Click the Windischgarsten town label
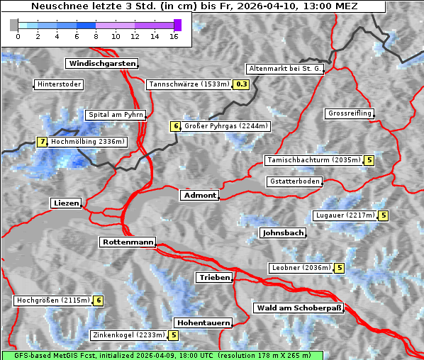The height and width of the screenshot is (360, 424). point(101,64)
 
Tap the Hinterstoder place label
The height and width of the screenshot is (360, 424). point(60,84)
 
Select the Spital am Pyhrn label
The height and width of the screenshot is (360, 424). point(116,115)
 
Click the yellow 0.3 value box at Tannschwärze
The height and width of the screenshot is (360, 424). point(242,84)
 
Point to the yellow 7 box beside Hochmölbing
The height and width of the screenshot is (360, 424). point(43,142)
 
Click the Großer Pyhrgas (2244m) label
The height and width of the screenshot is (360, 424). point(225,126)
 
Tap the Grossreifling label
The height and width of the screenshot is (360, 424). point(350,113)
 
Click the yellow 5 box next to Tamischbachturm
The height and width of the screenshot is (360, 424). point(369,160)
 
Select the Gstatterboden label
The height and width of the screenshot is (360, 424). point(294,181)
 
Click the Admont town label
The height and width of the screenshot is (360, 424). point(199,195)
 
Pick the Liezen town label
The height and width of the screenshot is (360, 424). point(67,203)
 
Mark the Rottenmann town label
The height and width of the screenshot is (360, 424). point(128,242)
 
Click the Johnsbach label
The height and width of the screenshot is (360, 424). point(283,232)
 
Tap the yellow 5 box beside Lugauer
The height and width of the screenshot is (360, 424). point(384,215)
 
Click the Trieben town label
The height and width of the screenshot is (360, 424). point(214,277)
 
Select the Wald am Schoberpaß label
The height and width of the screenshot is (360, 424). point(299,308)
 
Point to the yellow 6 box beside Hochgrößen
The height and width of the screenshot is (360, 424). point(99,300)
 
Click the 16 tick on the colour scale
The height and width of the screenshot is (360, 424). point(174,36)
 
